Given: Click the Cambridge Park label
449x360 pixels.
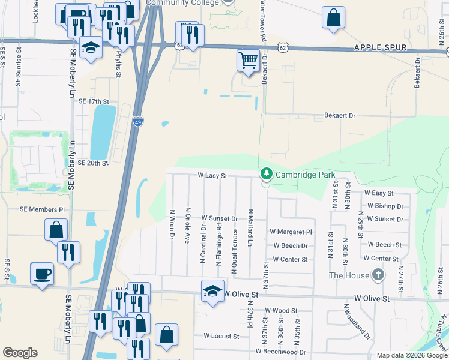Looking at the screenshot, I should [305, 175].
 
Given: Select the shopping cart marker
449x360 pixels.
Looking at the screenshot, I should [247, 60].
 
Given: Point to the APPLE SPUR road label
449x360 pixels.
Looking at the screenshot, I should [381, 47].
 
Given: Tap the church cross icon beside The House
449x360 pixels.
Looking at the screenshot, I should [378, 275].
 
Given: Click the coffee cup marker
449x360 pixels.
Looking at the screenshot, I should [41, 274].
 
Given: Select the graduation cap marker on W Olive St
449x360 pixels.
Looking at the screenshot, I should [211, 291].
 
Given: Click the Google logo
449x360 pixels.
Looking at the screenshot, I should [20, 353].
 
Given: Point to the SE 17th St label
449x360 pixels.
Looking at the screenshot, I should [94, 102].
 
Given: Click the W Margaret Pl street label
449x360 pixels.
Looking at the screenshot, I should [291, 232].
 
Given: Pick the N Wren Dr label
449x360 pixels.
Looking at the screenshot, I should [172, 226].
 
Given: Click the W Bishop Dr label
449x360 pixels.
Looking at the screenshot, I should [385, 206].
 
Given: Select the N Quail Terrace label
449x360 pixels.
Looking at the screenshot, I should [235, 251].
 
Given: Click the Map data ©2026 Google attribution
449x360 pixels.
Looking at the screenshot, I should [411, 355].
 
